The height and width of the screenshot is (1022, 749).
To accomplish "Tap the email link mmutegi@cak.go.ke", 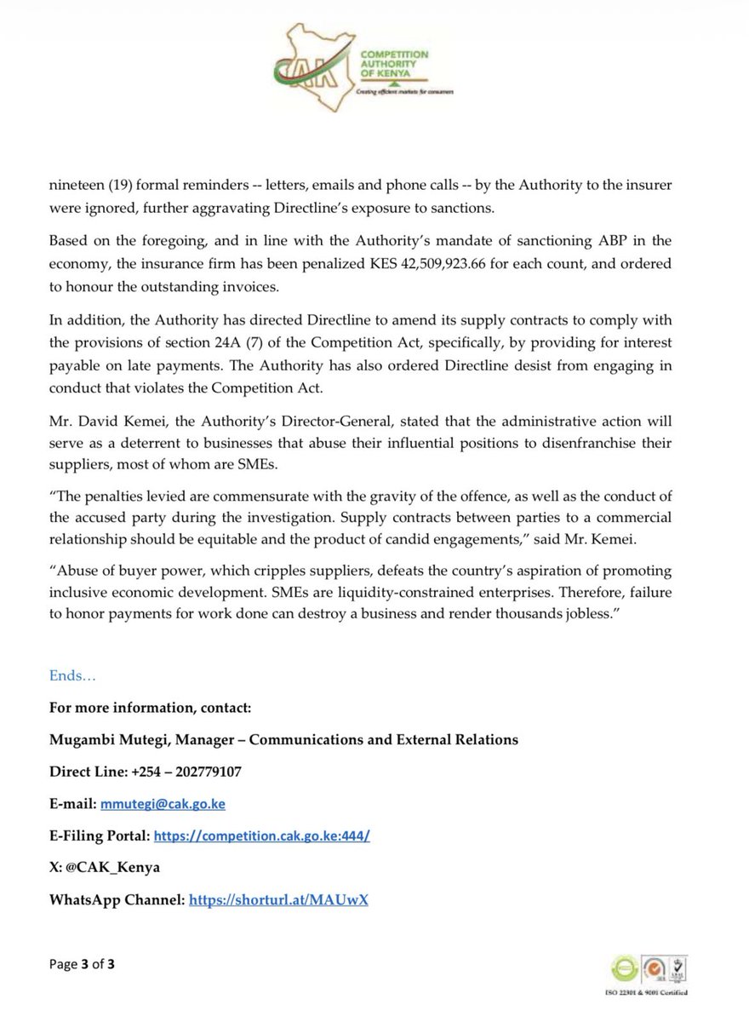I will (163, 803).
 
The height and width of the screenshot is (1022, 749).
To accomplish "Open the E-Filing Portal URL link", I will (261, 836).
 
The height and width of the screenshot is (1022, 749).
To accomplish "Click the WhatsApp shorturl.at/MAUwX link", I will (278, 899).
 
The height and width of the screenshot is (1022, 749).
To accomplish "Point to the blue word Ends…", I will (72, 676).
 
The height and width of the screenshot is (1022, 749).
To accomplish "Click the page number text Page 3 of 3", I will (82, 964).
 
